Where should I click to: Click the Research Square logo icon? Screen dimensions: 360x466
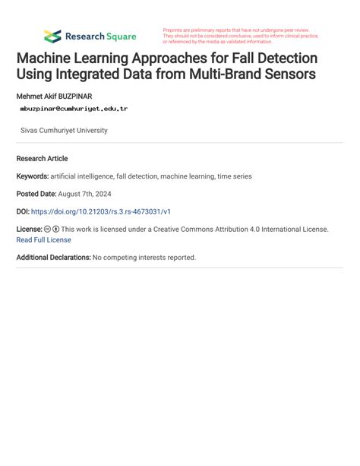pos(52,36)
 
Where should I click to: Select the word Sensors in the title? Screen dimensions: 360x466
pos(289,74)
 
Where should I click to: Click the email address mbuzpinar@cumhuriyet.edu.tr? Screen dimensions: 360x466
pos(74,109)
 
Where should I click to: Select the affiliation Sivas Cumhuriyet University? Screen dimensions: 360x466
pos(64,131)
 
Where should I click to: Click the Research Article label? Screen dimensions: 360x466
pos(42,159)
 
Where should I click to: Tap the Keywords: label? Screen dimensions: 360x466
pos(33,176)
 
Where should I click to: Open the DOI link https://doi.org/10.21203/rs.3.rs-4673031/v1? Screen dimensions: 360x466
pos(112,211)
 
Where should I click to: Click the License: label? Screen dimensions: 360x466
pos(29,229)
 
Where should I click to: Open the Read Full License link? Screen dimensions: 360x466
pos(43,239)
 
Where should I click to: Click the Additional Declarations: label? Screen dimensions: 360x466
pos(53,258)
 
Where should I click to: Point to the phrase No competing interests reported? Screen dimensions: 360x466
pos(144,258)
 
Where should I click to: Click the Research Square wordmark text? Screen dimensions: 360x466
pos(100,36)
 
